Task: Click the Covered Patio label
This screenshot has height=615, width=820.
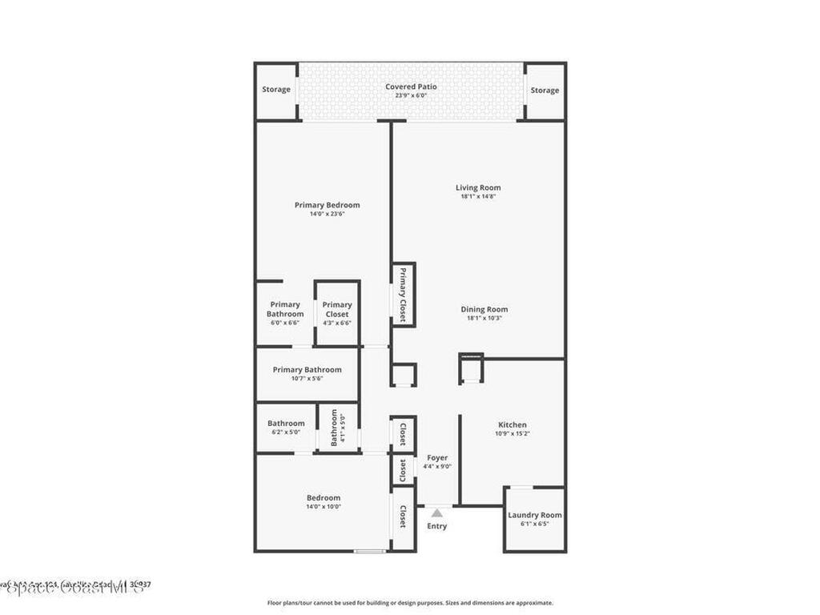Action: [x=411, y=86]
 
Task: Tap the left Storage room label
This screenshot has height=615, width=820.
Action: [x=276, y=90]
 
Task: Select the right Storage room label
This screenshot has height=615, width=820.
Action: [x=545, y=90]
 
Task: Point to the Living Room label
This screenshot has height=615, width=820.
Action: [x=479, y=188]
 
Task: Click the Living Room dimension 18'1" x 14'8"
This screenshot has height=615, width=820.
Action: [x=479, y=197]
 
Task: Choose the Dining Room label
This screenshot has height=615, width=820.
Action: [x=484, y=309]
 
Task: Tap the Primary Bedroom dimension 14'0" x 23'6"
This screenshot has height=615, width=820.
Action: [x=327, y=214]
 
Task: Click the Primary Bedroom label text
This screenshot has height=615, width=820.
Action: [x=327, y=205]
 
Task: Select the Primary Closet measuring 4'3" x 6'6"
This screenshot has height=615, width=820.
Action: [x=337, y=313]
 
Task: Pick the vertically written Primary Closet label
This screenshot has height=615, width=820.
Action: [x=403, y=295]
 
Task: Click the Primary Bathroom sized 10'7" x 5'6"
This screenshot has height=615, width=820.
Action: [x=307, y=373]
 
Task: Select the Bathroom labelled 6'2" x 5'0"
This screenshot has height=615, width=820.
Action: [x=286, y=427]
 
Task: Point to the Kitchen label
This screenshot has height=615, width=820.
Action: [x=512, y=424]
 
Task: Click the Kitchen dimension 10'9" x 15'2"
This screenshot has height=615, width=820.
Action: [x=512, y=433]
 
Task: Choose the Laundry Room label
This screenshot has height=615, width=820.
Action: [x=534, y=515]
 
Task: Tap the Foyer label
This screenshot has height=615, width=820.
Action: [x=437, y=458]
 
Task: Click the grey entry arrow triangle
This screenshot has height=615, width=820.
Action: [x=436, y=512]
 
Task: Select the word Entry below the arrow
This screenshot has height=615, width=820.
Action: [x=436, y=526]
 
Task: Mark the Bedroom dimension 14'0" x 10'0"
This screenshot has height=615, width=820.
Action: [x=323, y=507]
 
